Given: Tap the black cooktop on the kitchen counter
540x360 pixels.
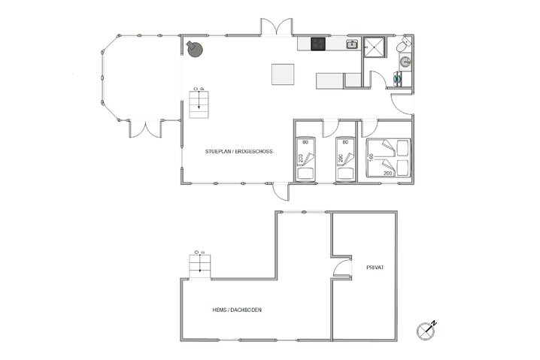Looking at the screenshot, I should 318,44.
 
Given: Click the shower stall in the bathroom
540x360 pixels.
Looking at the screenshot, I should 373,47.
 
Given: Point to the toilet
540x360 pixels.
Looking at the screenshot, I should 403,46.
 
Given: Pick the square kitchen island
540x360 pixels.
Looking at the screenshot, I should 283,74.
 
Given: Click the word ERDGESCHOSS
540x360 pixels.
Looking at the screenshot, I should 253,152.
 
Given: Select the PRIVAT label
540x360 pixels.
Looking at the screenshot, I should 375,268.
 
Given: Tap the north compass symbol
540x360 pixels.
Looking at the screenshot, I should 426,328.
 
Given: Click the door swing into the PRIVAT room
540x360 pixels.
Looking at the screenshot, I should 342,268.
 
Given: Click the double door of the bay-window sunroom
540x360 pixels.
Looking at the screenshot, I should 144,129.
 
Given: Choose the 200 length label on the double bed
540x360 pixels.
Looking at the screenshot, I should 388,174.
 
